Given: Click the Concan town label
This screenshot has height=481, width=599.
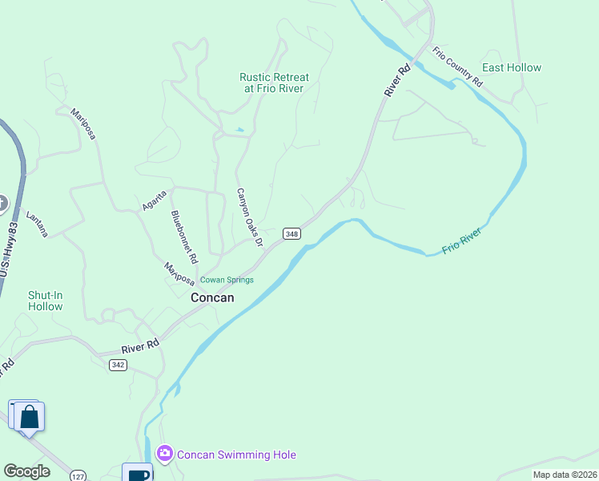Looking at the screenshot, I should tap(212, 297).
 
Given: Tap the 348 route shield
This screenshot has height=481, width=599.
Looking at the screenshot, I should tap(291, 233).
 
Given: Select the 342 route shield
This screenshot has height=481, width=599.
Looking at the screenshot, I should tap(118, 365).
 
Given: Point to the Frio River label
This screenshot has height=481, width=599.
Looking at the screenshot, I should tap(462, 241).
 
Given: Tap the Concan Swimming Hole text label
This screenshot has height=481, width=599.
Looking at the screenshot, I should tap(236, 455).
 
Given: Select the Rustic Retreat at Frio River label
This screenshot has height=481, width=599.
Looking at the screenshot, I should tap(274, 83).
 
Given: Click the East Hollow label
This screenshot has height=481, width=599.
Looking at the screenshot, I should tap(512, 68).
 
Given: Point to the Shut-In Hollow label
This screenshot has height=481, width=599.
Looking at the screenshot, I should tap(46, 301).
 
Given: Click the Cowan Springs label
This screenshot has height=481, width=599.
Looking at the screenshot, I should tap(227, 280).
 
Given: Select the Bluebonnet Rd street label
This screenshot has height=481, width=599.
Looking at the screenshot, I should tap(184, 237).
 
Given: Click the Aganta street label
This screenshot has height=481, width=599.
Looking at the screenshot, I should tap(154, 200).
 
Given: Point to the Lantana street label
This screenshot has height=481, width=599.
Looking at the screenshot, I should tap(37, 224).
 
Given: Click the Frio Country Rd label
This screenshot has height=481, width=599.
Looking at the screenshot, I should tap(458, 67).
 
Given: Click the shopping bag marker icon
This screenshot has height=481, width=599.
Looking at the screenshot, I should tap(30, 418).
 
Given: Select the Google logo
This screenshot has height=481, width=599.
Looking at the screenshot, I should tap(26, 471).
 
